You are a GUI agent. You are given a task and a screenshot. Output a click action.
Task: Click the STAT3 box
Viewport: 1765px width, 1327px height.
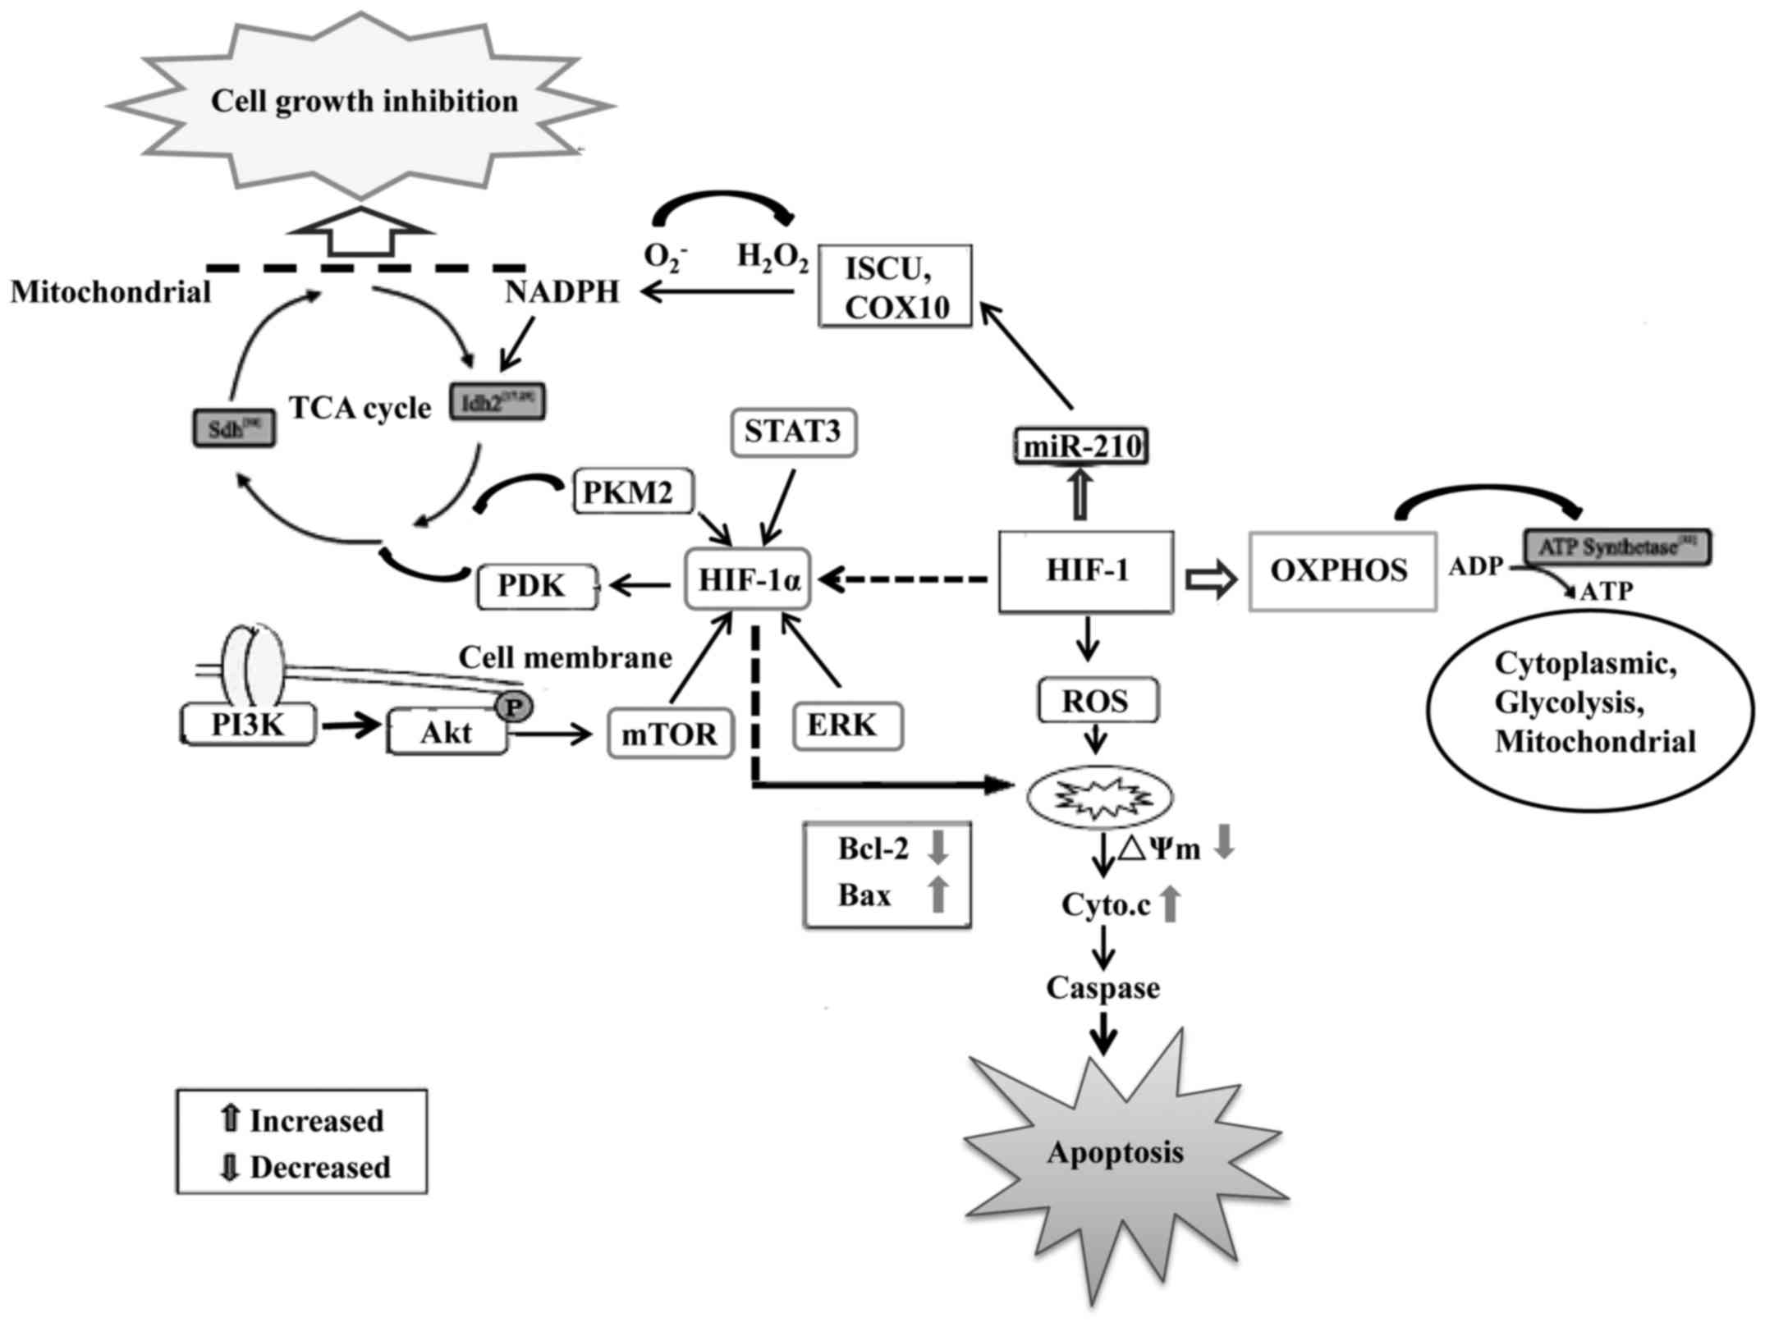793,432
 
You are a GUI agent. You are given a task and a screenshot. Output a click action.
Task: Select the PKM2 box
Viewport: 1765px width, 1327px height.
633,492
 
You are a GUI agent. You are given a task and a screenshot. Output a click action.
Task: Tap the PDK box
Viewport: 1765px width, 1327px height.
537,586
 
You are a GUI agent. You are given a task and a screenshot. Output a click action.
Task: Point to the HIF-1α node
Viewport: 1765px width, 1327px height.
748,579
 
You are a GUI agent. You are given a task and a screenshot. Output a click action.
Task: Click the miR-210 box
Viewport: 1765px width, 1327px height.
1081,446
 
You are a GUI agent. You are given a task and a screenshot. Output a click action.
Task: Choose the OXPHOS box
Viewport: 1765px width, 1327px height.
1342,571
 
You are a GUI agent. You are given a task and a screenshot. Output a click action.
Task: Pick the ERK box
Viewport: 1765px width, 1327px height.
847,725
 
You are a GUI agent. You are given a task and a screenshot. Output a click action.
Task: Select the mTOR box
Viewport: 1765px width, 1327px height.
669,734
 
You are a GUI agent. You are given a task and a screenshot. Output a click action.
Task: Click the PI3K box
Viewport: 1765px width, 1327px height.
247,725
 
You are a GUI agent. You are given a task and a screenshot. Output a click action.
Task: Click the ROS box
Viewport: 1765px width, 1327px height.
1098,701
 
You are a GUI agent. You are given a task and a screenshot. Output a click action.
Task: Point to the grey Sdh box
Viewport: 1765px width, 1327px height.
234,428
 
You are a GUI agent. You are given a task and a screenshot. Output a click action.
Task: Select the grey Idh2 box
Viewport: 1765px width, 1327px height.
497,402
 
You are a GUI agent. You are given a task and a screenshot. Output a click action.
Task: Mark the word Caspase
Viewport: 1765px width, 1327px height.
1103,988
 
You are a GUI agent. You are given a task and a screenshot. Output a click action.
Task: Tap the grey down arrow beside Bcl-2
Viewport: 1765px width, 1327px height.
938,848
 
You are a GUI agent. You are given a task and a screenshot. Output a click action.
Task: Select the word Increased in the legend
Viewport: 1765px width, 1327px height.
317,1121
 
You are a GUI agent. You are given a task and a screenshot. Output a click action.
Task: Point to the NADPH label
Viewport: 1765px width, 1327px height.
562,292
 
